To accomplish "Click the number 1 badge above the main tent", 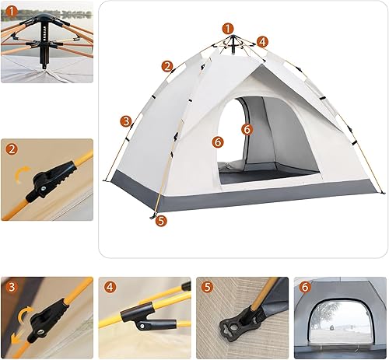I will pos(227,28).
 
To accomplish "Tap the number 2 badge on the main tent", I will pos(167,66).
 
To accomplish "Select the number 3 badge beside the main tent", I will pos(125,121).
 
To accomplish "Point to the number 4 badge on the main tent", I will pos(263,42).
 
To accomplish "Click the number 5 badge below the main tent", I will pos(161,220).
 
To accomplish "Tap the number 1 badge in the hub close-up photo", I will pos(10,10).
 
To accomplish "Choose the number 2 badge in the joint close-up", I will pos(12,149).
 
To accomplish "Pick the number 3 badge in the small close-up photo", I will pos(12,287).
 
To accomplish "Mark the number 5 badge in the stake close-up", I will pos(207,287).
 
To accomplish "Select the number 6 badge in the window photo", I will pos(304,287).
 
